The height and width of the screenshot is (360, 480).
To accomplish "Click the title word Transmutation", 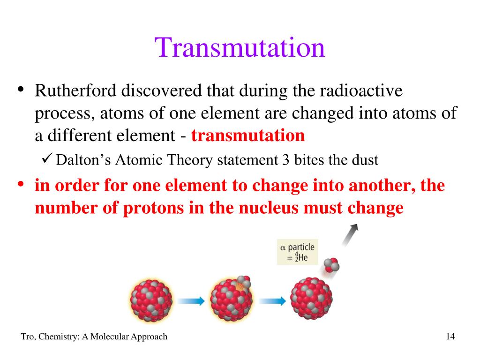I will (x=240, y=48).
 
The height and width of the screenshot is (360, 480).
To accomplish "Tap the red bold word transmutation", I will (x=248, y=136).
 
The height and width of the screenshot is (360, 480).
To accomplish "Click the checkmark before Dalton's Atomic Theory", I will (x=47, y=160).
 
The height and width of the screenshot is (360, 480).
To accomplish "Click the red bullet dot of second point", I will (x=21, y=185).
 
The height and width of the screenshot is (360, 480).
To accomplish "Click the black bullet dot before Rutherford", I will (x=21, y=90).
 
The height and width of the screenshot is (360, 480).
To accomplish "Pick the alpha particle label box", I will (x=297, y=252).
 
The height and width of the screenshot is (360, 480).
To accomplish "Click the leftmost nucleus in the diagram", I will (x=151, y=300).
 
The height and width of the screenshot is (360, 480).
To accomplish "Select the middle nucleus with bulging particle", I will (x=231, y=299).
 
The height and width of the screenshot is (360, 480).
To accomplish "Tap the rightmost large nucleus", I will (x=311, y=298).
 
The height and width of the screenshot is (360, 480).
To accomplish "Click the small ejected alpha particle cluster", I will (x=332, y=265).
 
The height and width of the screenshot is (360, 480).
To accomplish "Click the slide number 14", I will (x=450, y=337).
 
